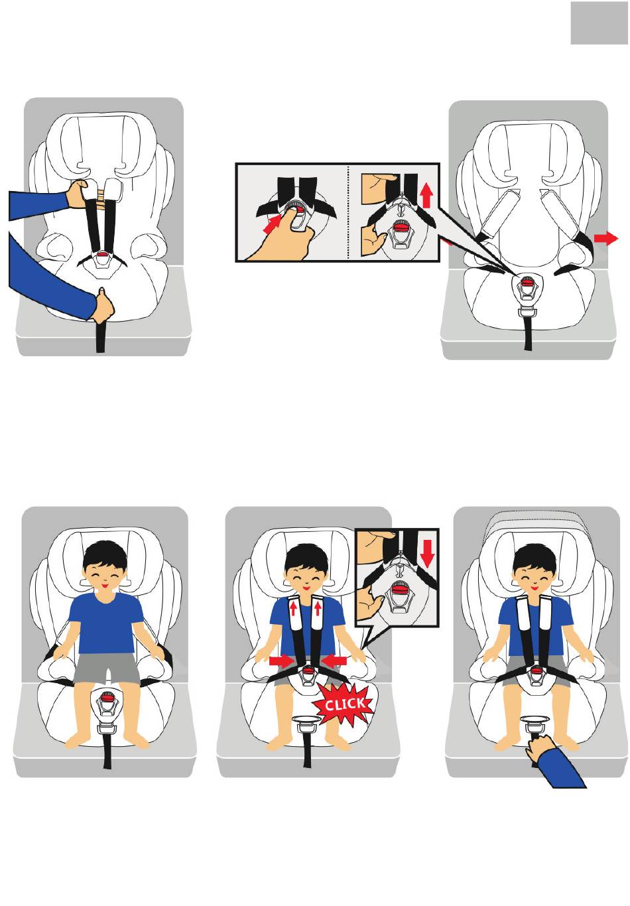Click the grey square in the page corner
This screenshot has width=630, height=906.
[x=599, y=29]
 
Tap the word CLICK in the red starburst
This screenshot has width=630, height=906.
[x=344, y=704]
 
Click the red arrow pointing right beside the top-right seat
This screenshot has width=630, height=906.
[x=605, y=239]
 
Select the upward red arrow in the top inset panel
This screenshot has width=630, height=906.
[x=426, y=195]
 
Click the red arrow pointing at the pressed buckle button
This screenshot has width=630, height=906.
[x=272, y=224]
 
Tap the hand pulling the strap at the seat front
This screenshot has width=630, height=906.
[x=103, y=305]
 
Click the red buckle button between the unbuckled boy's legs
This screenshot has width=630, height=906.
[x=107, y=696]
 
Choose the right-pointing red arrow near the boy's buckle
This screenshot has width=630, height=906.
[x=282, y=661]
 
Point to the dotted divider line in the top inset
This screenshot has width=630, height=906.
[x=347, y=212]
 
